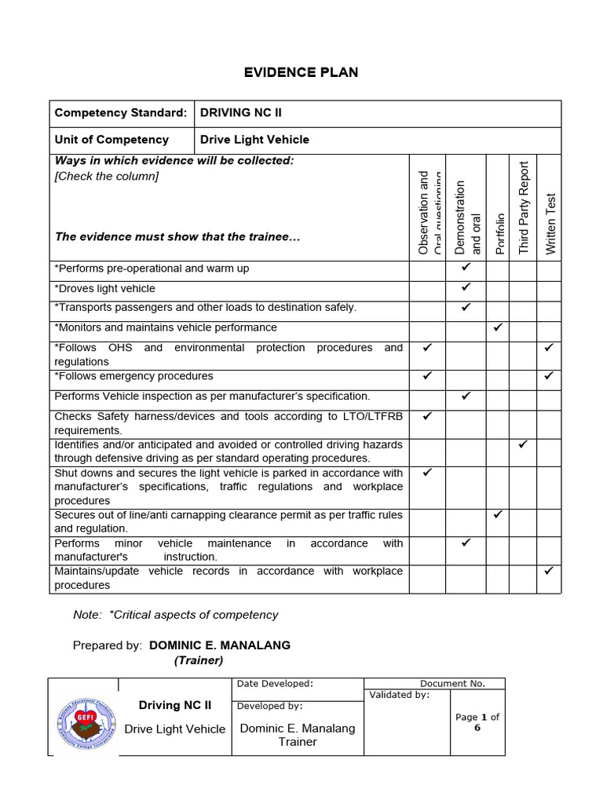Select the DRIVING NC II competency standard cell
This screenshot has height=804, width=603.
pos(241,113)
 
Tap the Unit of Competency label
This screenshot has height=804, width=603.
pos(111,140)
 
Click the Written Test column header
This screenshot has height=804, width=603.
pos(550,223)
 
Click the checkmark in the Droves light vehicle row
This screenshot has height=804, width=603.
pos(466,288)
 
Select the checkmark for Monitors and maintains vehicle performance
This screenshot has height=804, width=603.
pos(497,327)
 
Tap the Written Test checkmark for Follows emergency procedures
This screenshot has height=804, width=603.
pos(549,375)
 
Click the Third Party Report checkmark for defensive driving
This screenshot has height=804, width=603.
pos(523,444)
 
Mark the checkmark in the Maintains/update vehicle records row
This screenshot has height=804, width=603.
pos(549,571)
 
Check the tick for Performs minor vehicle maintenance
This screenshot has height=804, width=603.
pos(466,542)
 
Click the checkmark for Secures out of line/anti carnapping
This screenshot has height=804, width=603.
pos(497,515)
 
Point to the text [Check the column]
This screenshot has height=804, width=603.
pos(107,176)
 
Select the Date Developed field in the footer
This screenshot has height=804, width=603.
pos(275,684)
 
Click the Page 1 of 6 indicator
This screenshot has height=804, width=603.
pos(477,722)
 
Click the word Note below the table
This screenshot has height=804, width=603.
pos(86,615)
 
